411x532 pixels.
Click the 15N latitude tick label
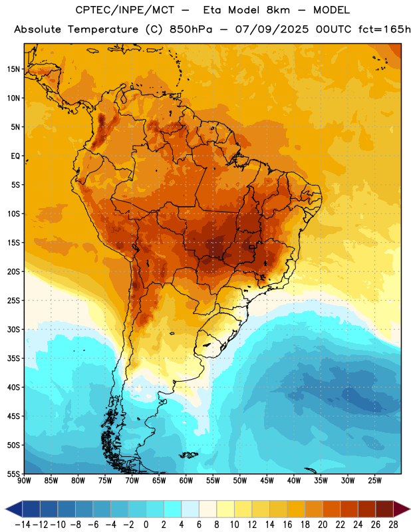(x=13, y=69)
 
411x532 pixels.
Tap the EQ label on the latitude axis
(x=15, y=156)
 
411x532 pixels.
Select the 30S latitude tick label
(x=13, y=329)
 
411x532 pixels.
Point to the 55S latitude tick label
(x=13, y=473)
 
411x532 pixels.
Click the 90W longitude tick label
(x=25, y=481)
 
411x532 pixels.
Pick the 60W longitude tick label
(x=186, y=481)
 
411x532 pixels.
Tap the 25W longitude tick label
(x=374, y=481)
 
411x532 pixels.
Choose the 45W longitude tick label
(x=267, y=481)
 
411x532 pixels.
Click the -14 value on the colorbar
(x=23, y=525)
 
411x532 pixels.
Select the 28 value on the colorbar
(x=393, y=525)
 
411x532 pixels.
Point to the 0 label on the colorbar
(x=146, y=525)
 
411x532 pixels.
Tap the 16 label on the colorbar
(x=287, y=525)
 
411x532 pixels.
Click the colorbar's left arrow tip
(x=5, y=509)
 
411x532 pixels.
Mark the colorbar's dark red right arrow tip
(x=410, y=509)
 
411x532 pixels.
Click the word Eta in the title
(x=211, y=10)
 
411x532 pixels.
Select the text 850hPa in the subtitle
(x=191, y=29)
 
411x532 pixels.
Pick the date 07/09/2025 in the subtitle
(x=272, y=29)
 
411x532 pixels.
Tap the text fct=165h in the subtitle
(x=384, y=29)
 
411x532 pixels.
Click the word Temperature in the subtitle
(x=103, y=30)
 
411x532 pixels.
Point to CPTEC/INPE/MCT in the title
(x=125, y=10)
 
